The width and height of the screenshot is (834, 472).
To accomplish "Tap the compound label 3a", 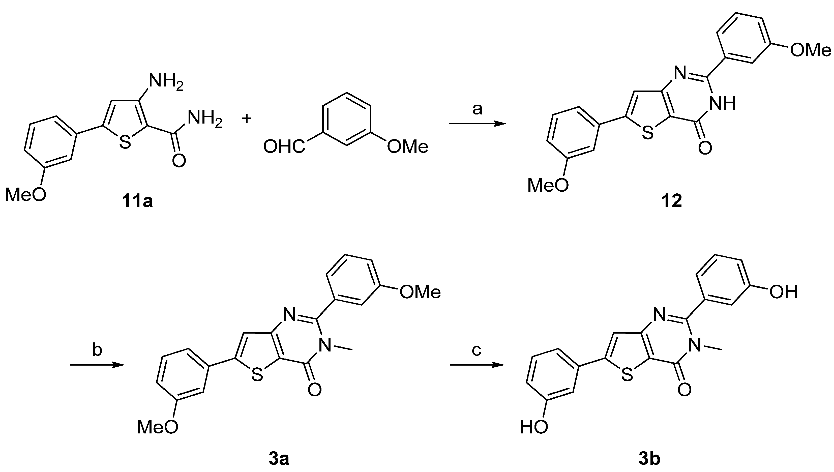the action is click(x=279, y=459).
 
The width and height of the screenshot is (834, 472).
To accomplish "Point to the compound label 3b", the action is click(x=649, y=459).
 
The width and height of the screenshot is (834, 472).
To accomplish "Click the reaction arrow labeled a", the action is click(x=477, y=124).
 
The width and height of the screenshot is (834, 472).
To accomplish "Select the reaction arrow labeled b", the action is click(x=97, y=365).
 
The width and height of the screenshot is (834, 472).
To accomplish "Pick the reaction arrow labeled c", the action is click(x=476, y=365).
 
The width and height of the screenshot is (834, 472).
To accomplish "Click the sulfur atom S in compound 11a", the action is click(x=125, y=142).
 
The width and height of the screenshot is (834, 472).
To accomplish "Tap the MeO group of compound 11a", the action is click(x=25, y=195).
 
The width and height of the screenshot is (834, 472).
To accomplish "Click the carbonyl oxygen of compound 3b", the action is click(x=684, y=390).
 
